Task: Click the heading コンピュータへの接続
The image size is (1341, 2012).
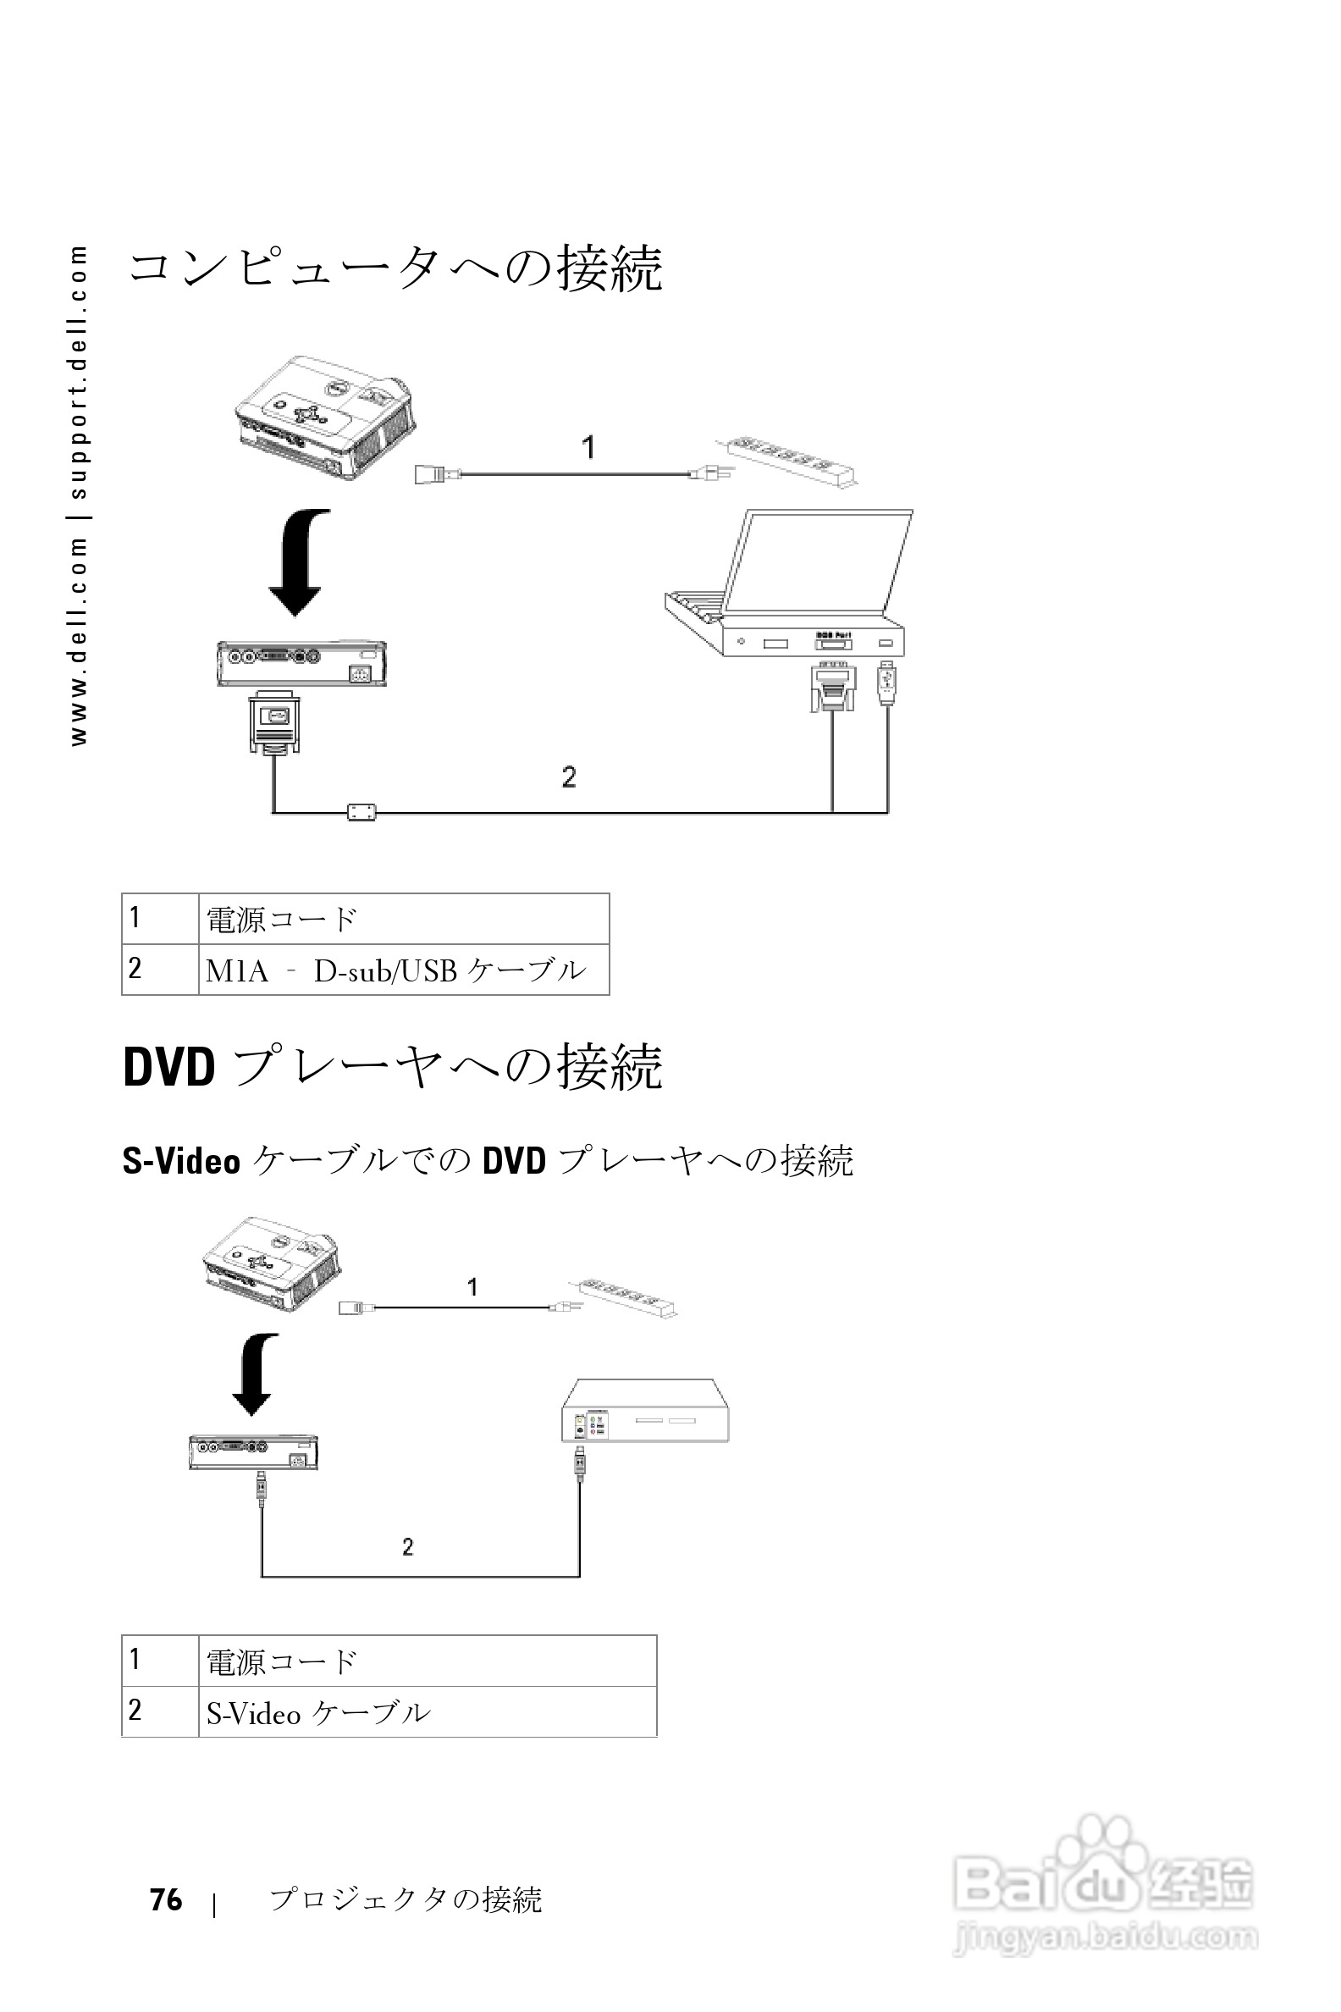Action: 395,268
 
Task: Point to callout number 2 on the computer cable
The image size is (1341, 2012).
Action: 569,777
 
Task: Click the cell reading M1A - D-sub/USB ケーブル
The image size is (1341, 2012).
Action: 403,970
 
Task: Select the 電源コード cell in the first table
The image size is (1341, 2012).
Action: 403,920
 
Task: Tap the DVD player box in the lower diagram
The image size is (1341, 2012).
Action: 645,1411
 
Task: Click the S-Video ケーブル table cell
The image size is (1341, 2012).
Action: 427,1711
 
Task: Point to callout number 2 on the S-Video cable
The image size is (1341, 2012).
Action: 408,1546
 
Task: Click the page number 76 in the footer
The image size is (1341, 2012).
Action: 166,1899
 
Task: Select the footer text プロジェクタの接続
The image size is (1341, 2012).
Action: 406,1900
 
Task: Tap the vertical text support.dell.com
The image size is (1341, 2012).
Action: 79,373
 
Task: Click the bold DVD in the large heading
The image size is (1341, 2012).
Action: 168,1068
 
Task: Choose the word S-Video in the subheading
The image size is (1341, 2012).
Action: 181,1162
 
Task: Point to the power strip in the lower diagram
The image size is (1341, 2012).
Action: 624,1296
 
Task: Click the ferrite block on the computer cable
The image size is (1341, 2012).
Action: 361,811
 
